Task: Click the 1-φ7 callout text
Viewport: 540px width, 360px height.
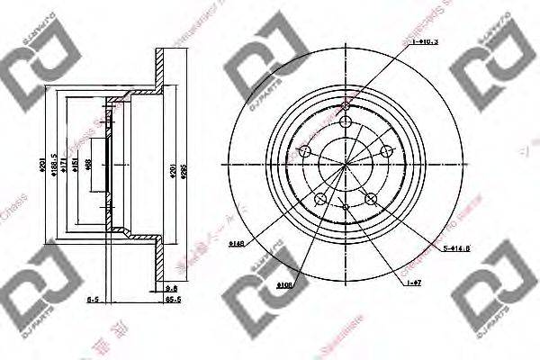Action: coord(415,283)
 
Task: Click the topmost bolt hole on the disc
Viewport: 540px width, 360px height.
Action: coord(347,109)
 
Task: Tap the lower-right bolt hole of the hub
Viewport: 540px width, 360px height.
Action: coord(372,198)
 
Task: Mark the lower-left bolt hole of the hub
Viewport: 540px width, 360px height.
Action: coord(319,198)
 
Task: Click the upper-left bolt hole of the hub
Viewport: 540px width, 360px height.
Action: coord(304,150)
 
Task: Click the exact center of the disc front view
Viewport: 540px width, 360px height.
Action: coord(346,163)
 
